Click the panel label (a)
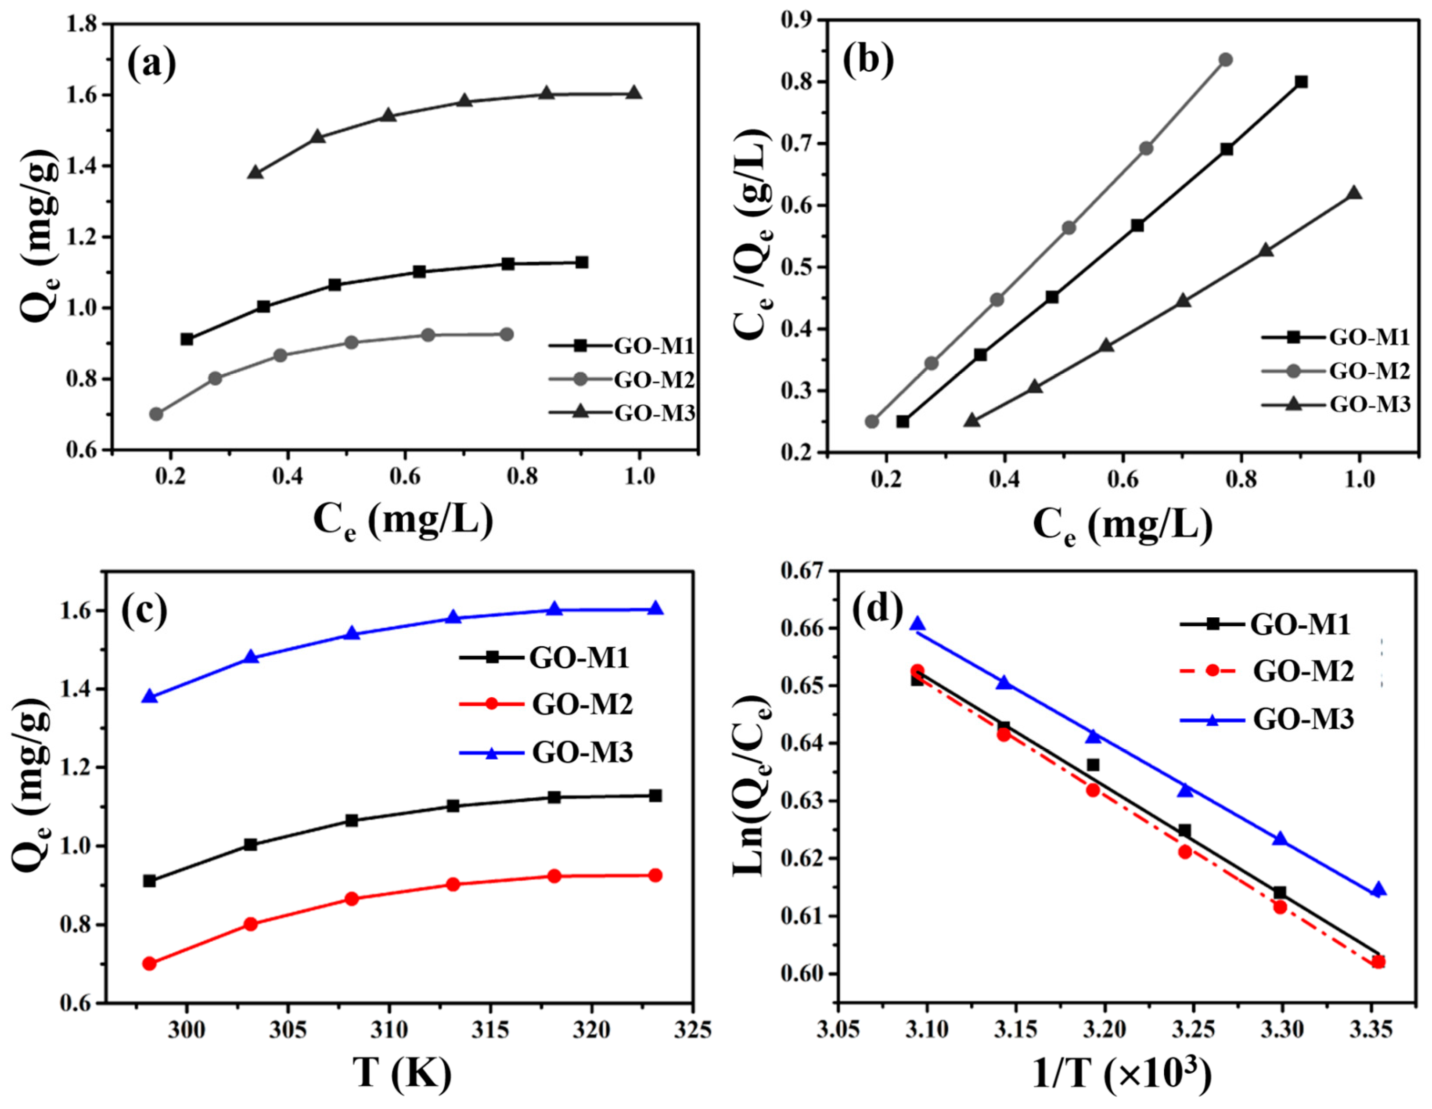151,65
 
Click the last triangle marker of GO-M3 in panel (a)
633,93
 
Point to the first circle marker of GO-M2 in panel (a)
156,414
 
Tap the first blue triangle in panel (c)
150,696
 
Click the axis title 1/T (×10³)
1121,1074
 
